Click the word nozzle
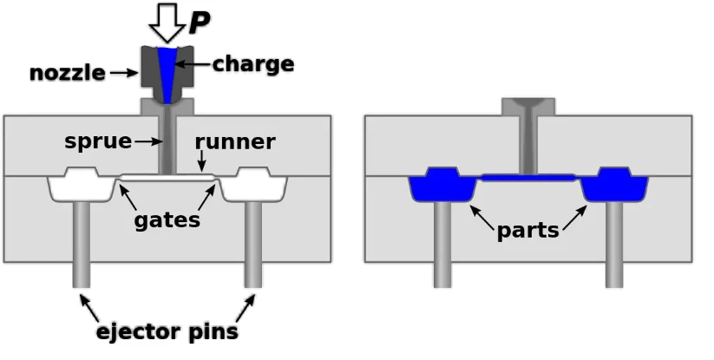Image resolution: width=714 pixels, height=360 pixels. click(68, 73)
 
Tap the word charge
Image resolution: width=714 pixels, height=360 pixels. click(253, 65)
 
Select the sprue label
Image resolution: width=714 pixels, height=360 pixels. click(98, 142)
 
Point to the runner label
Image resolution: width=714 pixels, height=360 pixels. click(235, 142)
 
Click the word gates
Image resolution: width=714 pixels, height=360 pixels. click(167, 220)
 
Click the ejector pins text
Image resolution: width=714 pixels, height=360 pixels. click(167, 331)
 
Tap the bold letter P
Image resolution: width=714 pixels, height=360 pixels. click(199, 23)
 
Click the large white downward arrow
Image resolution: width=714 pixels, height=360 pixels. click(167, 22)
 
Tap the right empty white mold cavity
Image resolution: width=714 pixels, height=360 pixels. click(253, 187)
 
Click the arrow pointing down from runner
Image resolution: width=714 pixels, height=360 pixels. click(202, 161)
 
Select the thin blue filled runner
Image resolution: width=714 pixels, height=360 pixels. click(528, 178)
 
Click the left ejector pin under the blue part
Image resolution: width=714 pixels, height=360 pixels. click(442, 245)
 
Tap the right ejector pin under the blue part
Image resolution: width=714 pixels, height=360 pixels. click(614, 245)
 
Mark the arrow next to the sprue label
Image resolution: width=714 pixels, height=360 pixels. click(148, 142)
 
